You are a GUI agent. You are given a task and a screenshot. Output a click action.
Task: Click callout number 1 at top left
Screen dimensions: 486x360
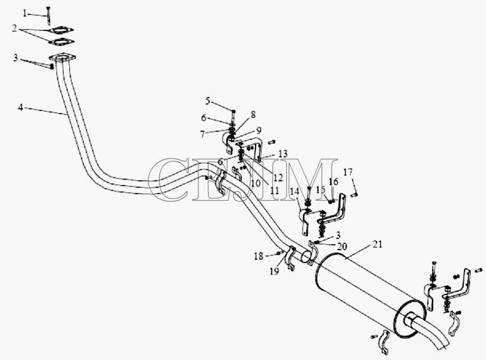tap(25, 13)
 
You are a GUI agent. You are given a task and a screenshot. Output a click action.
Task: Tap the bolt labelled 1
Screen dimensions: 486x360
tap(48, 15)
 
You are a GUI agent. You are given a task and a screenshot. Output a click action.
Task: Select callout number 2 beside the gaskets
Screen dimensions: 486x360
tap(14, 28)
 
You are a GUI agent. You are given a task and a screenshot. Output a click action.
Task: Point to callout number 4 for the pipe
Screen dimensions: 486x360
tap(20, 108)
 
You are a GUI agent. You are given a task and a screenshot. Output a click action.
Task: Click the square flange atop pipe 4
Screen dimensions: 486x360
tap(62, 58)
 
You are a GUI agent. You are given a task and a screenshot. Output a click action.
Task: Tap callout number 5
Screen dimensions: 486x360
tap(208, 101)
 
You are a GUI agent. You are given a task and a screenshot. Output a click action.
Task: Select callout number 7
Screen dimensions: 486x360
tap(203, 134)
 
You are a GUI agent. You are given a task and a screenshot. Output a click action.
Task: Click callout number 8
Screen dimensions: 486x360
tap(253, 114)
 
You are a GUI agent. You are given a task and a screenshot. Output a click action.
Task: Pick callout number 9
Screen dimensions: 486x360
tap(259, 130)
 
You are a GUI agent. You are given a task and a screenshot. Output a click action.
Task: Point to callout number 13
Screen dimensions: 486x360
tap(283, 154)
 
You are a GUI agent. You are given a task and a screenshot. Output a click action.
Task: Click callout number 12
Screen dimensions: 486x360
tap(278, 177)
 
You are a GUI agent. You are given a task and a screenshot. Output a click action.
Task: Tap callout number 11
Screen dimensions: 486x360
tap(274, 190)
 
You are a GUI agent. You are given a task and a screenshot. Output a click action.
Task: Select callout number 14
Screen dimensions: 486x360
tap(294, 191)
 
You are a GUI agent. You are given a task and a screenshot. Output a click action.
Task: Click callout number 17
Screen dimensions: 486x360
tap(348, 172)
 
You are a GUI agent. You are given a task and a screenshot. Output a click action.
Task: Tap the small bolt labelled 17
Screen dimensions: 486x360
tap(355, 195)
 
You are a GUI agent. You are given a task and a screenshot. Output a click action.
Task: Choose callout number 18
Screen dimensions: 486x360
tap(259, 256)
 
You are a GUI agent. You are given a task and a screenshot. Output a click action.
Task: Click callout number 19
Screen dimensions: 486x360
tap(274, 271)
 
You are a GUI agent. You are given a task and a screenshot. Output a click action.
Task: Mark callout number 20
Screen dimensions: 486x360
tap(342, 246)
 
